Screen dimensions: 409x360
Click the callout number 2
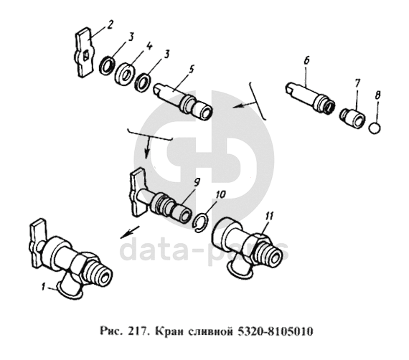tap(109, 25)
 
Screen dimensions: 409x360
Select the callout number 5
tap(191, 70)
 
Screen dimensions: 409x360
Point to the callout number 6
tap(306, 61)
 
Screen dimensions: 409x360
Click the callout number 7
tap(357, 83)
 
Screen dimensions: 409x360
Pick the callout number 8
tap(377, 95)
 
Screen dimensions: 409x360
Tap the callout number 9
tap(197, 181)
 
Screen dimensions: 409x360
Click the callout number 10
tap(221, 194)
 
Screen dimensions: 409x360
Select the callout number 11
tap(269, 216)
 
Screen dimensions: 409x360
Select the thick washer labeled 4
tap(125, 74)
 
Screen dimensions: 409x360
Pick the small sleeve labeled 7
tap(352, 118)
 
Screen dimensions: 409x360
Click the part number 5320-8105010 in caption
tap(275, 331)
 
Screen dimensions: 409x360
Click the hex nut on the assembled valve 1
tap(81, 267)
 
